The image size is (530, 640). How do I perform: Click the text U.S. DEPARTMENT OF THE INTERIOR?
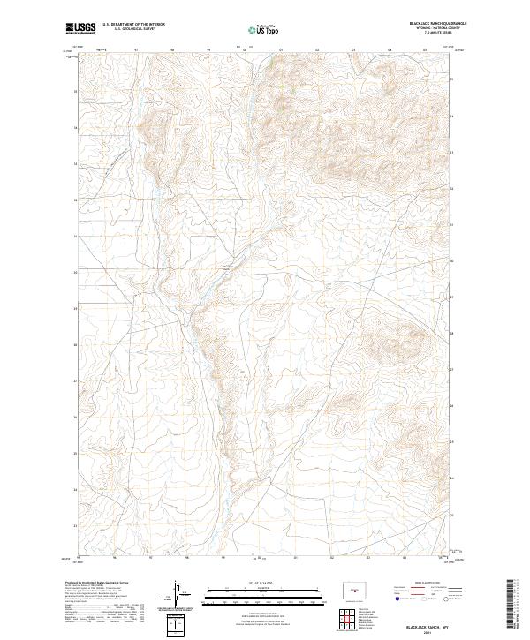[134, 24]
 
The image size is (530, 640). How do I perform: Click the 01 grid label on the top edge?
[281, 50]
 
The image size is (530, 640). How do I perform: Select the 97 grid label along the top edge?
[137, 50]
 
